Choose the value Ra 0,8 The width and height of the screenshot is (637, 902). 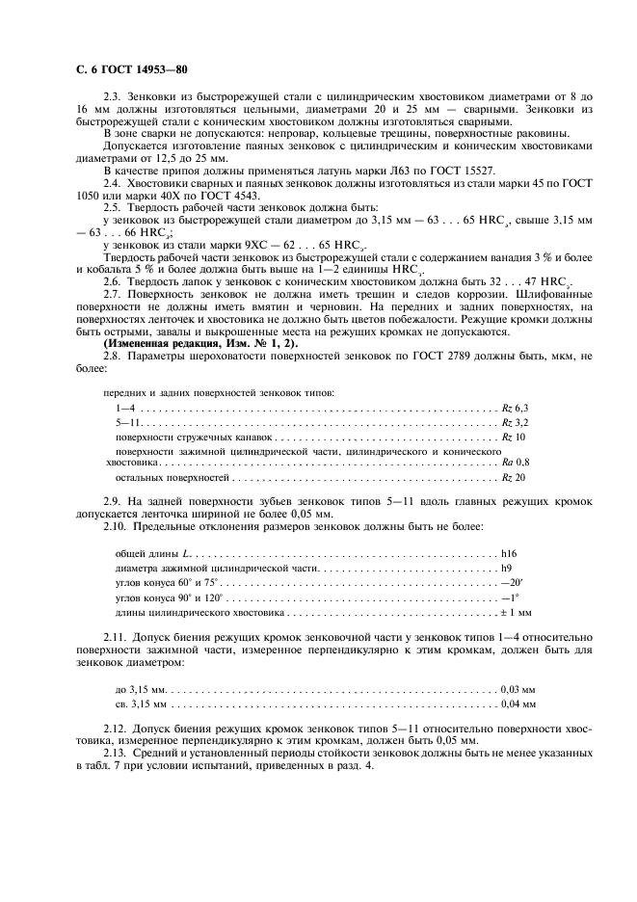(x=517, y=463)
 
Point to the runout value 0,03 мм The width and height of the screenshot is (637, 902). (x=518, y=691)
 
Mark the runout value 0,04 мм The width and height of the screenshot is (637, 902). (x=518, y=704)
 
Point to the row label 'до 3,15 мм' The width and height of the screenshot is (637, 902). (x=141, y=691)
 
